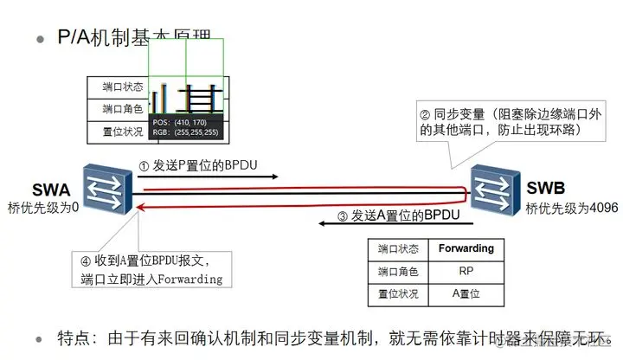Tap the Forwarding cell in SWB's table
coord(466,248)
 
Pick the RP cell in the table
coord(466,271)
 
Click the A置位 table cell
coord(466,294)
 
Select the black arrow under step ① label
coord(208,177)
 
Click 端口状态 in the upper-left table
coord(117,87)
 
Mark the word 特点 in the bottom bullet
coord(74,337)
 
